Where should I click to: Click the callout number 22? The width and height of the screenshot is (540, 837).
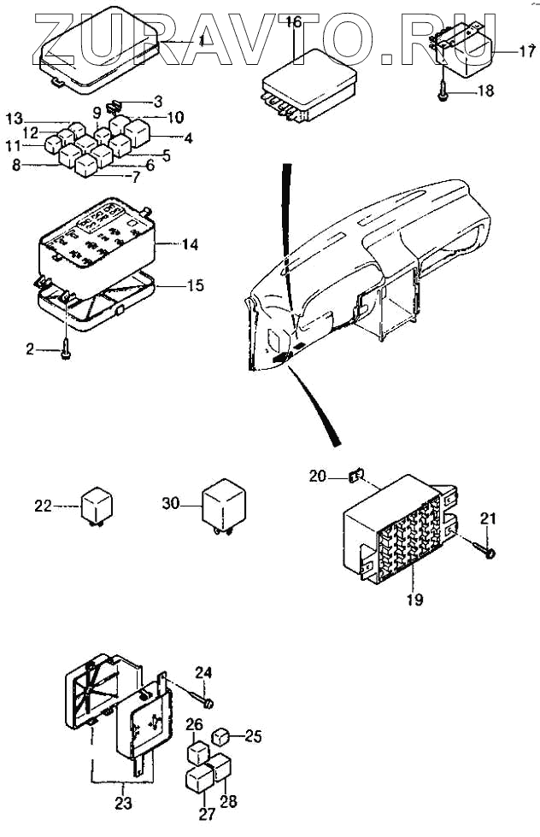pyautogui.click(x=44, y=506)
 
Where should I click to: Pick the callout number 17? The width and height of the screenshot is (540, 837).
pyautogui.click(x=526, y=52)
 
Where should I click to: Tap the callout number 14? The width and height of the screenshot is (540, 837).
pyautogui.click(x=190, y=244)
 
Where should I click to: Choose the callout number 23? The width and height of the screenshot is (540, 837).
pyautogui.click(x=124, y=803)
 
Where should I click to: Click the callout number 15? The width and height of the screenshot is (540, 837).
pyautogui.click(x=196, y=285)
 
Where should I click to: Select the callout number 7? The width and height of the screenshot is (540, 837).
pyautogui.click(x=135, y=178)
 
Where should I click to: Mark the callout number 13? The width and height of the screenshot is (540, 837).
pyautogui.click(x=15, y=117)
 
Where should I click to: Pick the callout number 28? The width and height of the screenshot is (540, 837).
pyautogui.click(x=230, y=802)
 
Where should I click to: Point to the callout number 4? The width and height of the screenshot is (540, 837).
pyautogui.click(x=187, y=137)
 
